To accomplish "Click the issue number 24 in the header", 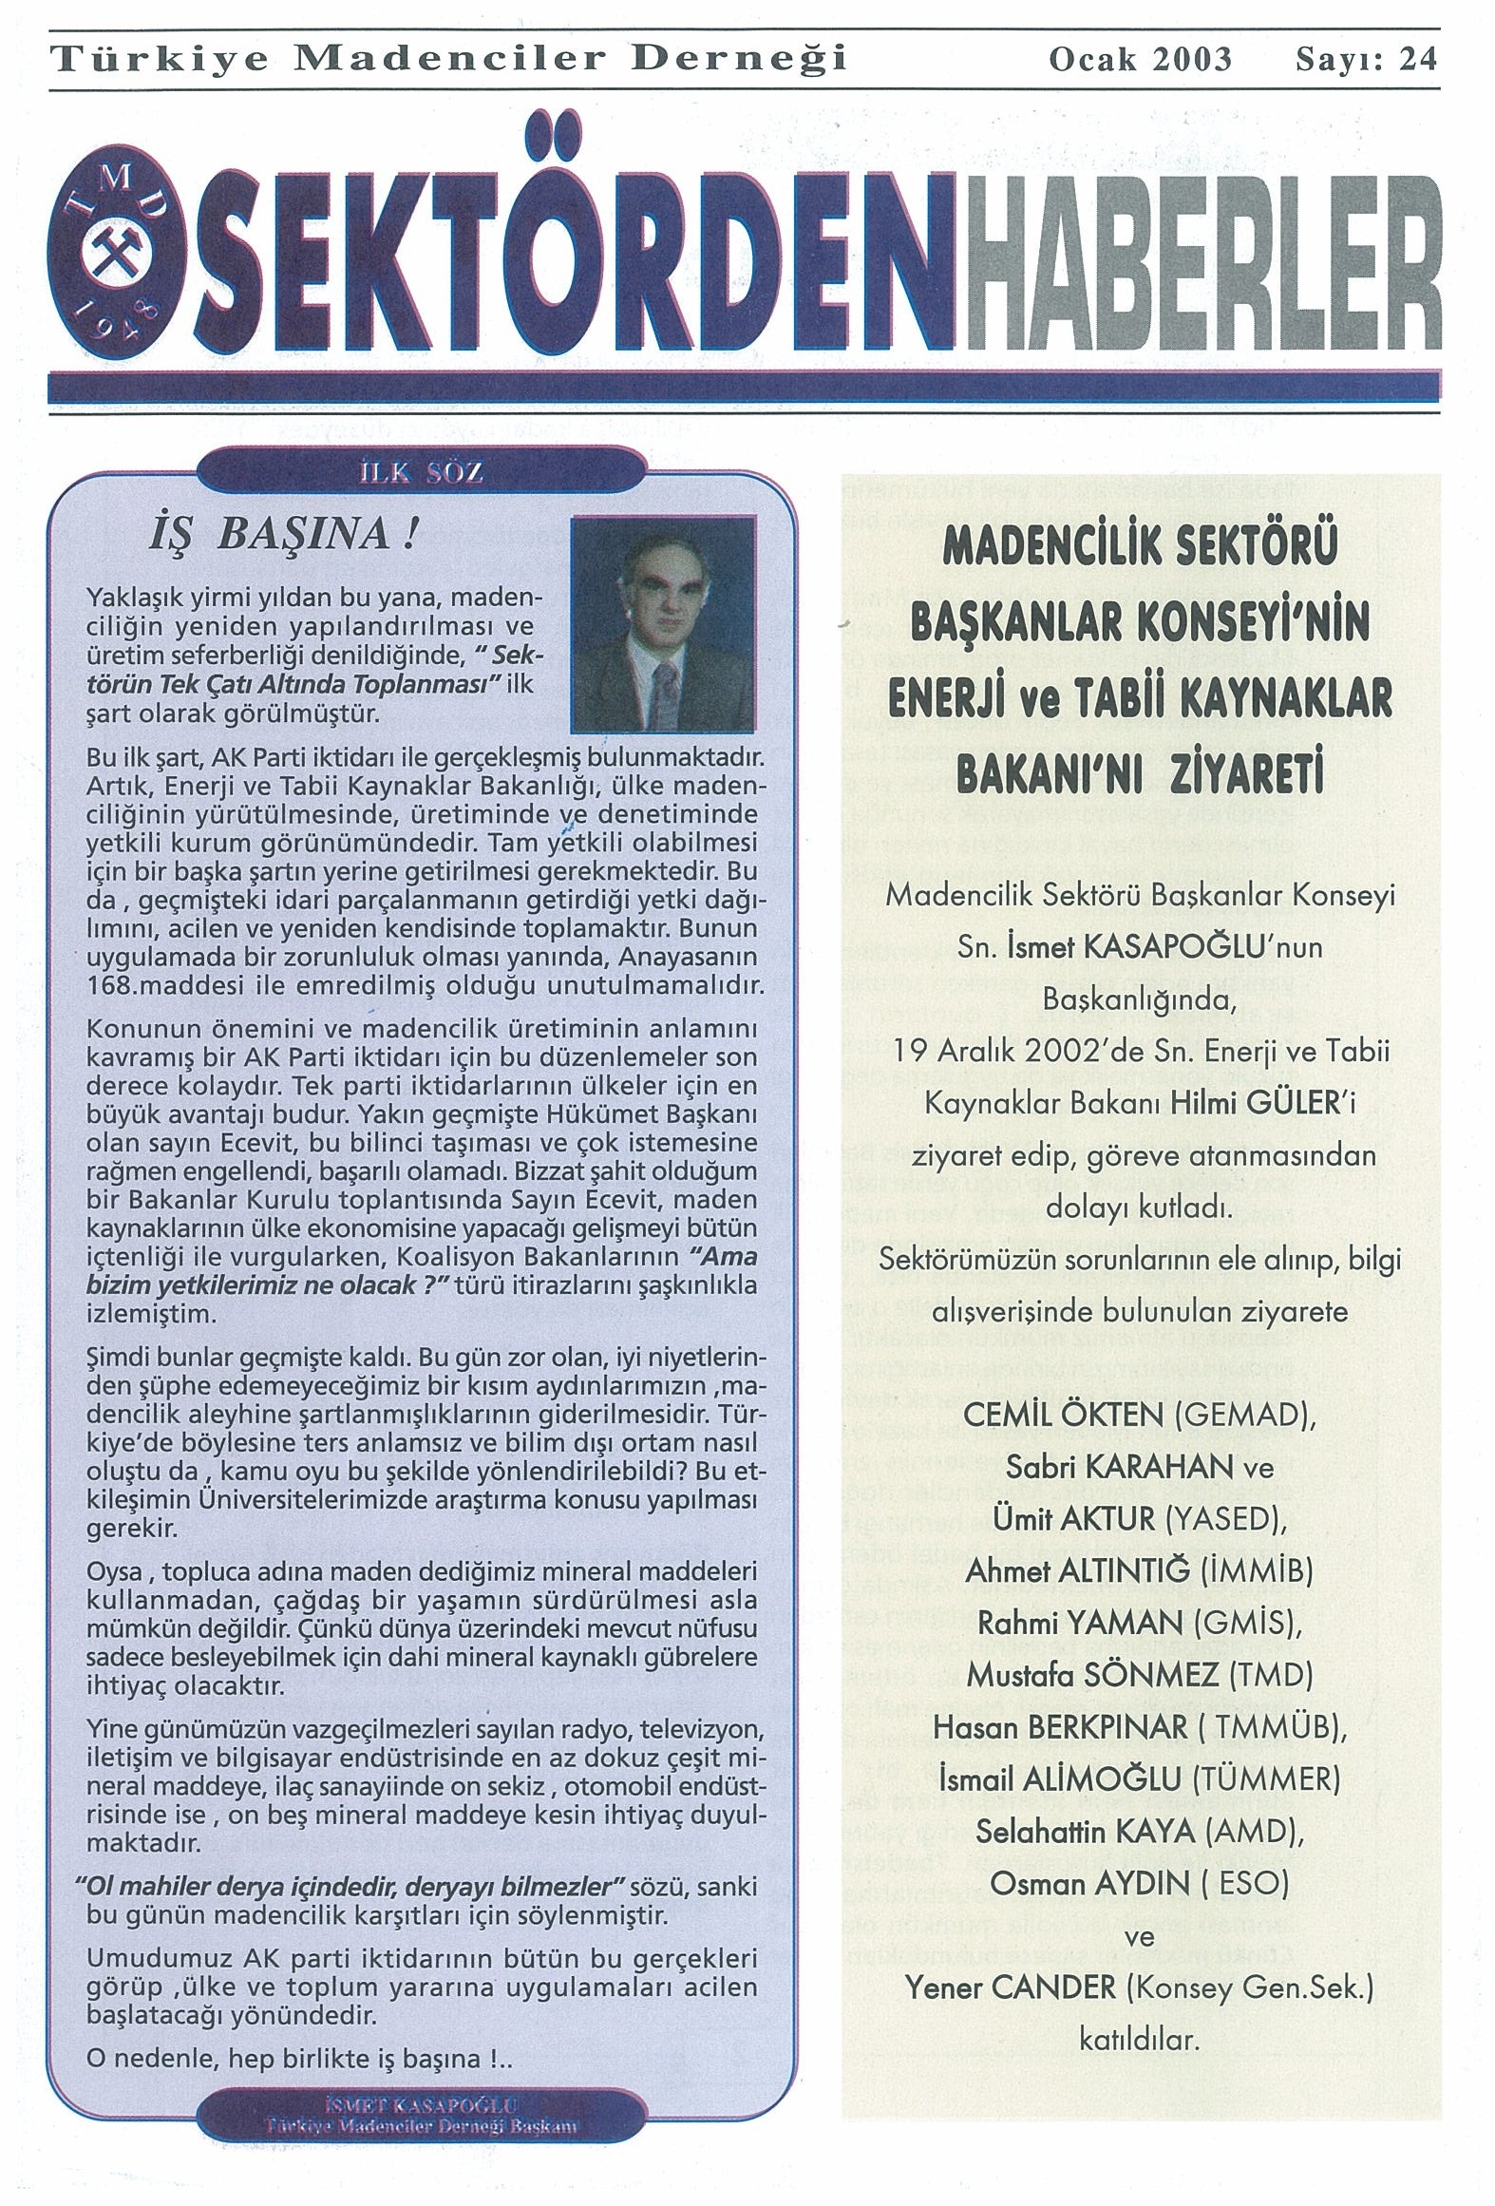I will point(1419,60).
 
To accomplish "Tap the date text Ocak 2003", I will point(1139,60).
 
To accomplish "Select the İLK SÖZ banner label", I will point(421,473).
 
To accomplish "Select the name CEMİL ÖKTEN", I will point(1063,1417).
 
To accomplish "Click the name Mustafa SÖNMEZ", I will point(1092,1675).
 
